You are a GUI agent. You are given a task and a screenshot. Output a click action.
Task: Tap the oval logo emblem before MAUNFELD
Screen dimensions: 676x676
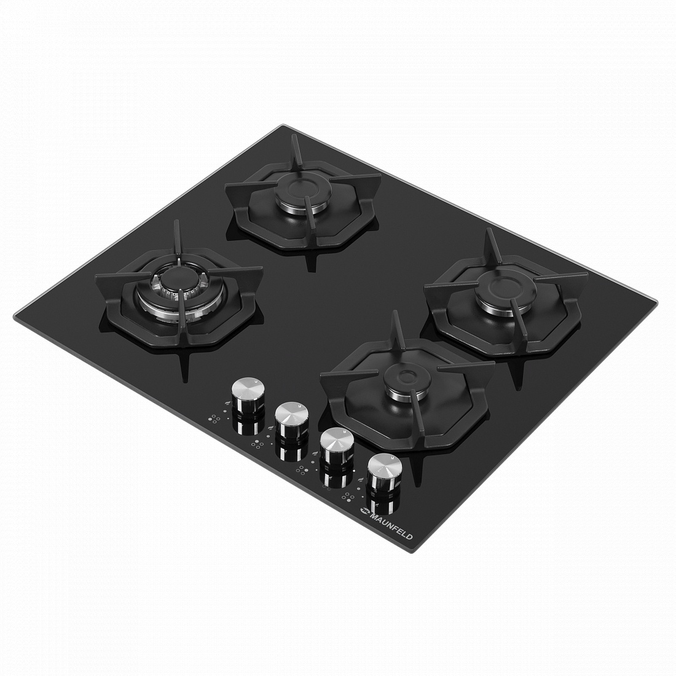tap(364, 511)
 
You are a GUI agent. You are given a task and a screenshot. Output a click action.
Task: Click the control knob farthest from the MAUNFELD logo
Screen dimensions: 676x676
tap(247, 394)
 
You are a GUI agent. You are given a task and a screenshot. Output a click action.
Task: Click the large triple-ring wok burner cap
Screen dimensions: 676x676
tap(179, 280)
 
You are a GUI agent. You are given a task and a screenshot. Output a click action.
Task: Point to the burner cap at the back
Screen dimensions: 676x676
tap(301, 189)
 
